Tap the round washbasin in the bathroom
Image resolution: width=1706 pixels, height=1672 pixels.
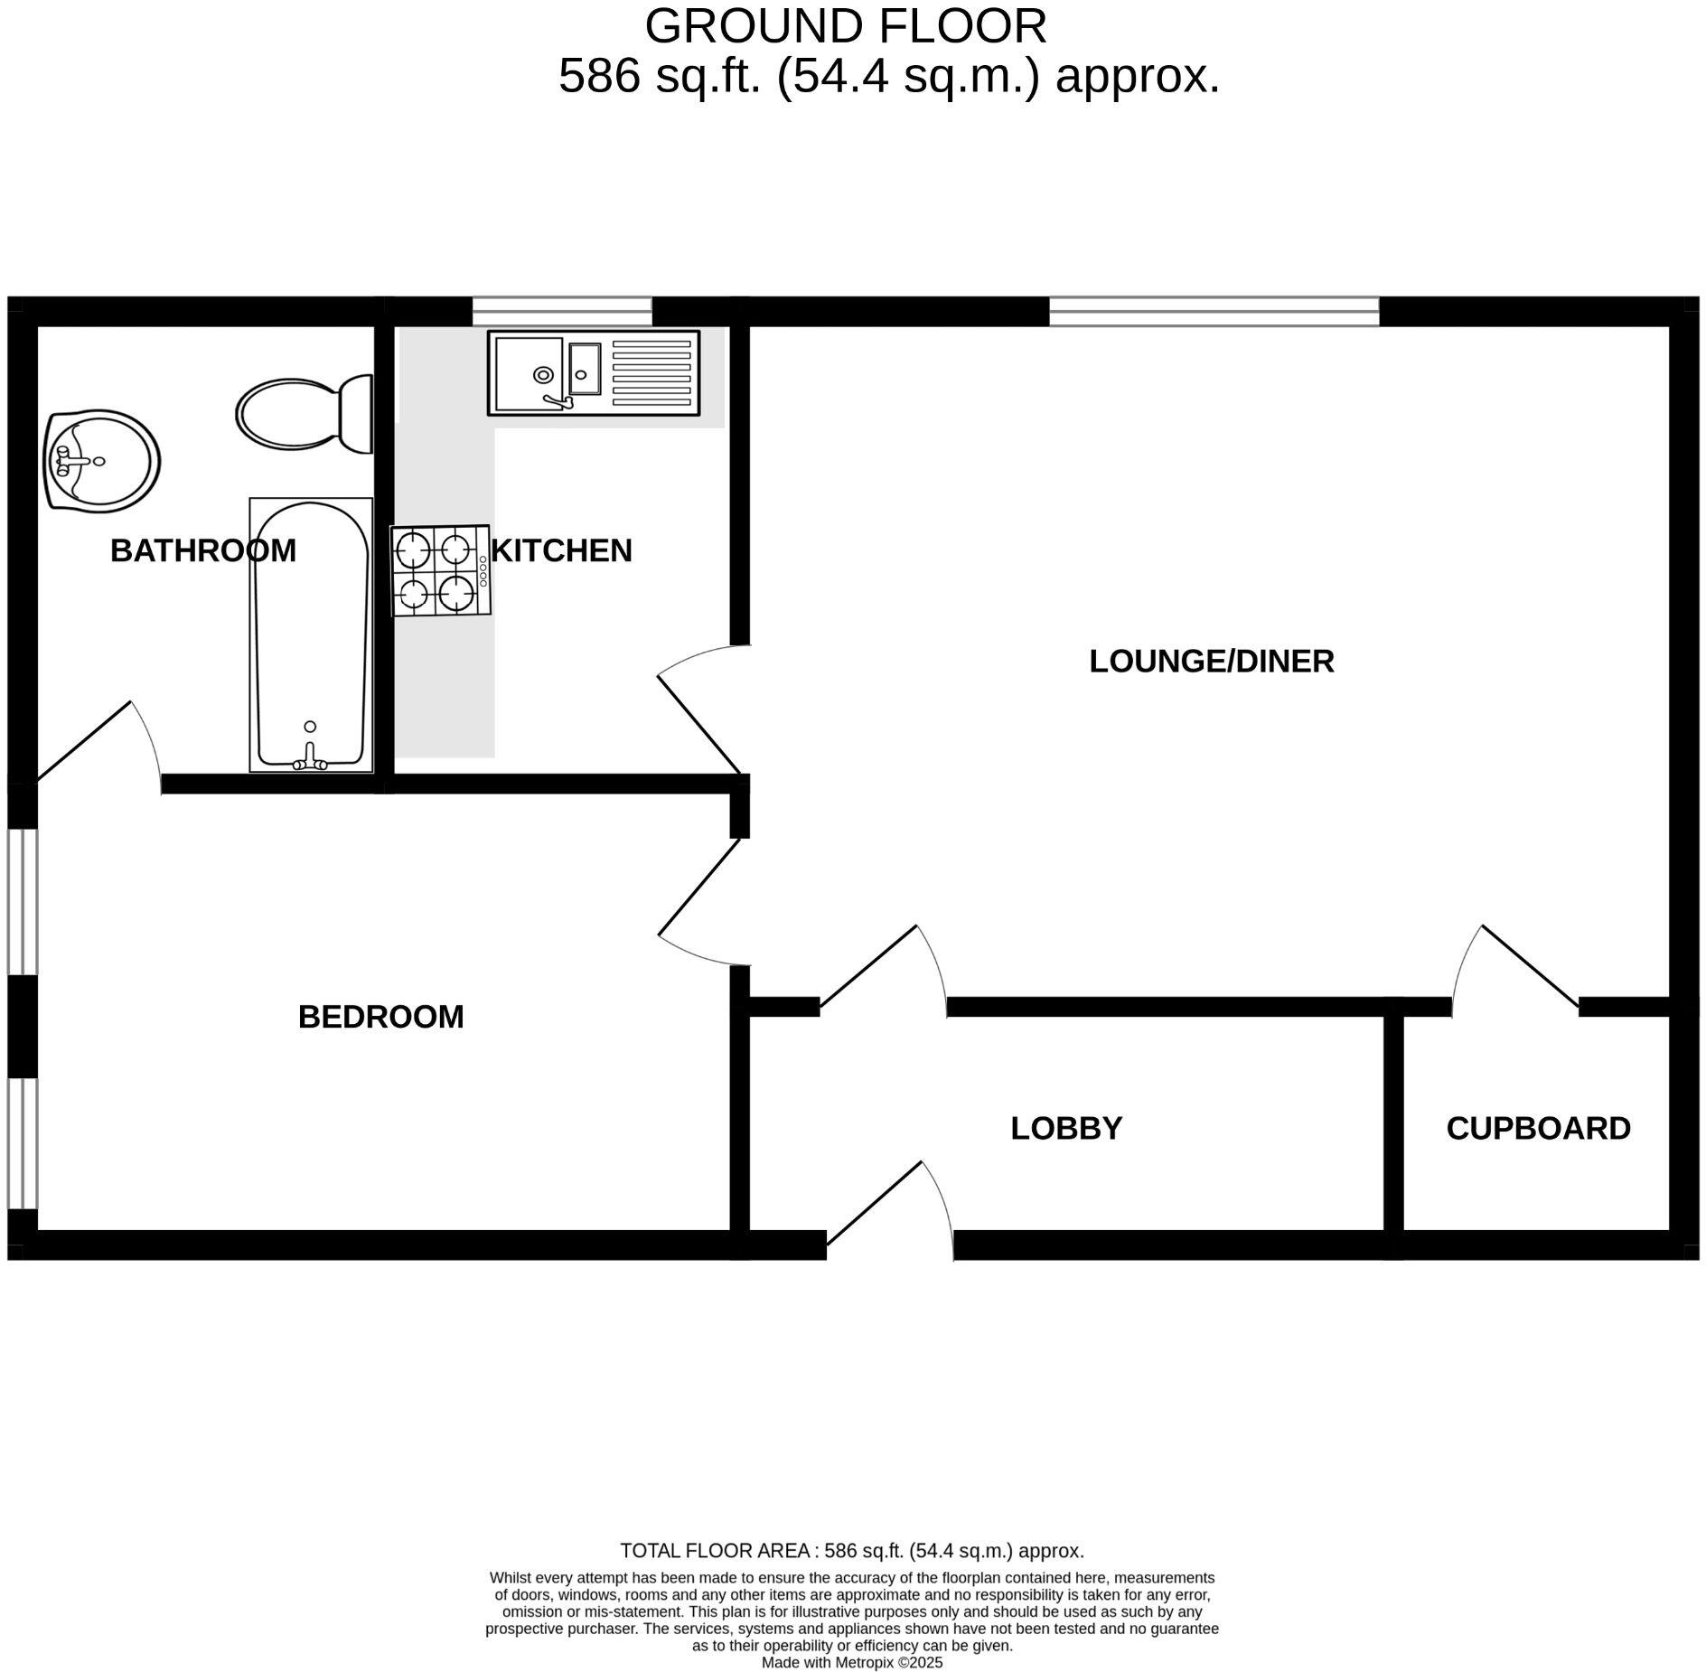point(102,461)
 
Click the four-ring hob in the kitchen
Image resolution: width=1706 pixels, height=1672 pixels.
point(440,571)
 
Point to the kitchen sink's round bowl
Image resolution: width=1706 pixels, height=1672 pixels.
point(543,374)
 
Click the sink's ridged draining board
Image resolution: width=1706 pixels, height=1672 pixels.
point(651,373)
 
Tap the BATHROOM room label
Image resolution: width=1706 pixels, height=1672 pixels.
point(203,550)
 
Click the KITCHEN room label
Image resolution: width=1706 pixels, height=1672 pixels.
point(561,550)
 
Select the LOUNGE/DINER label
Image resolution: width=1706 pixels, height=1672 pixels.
point(1211,662)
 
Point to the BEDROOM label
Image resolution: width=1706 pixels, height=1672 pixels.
point(380,1018)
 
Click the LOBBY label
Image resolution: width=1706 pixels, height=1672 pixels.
point(1066,1129)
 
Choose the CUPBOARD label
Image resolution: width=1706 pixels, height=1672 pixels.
point(1538,1129)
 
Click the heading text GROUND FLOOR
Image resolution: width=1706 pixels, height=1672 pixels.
point(845,26)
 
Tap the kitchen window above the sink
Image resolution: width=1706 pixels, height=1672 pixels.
point(562,311)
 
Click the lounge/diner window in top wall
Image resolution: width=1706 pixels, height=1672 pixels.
point(1214,311)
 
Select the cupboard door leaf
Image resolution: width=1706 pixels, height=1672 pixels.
point(1530,966)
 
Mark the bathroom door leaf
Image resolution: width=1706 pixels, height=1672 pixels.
point(85,740)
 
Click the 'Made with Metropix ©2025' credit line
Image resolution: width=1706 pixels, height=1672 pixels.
point(851,1662)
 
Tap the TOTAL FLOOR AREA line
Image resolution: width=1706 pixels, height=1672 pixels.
point(851,1551)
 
